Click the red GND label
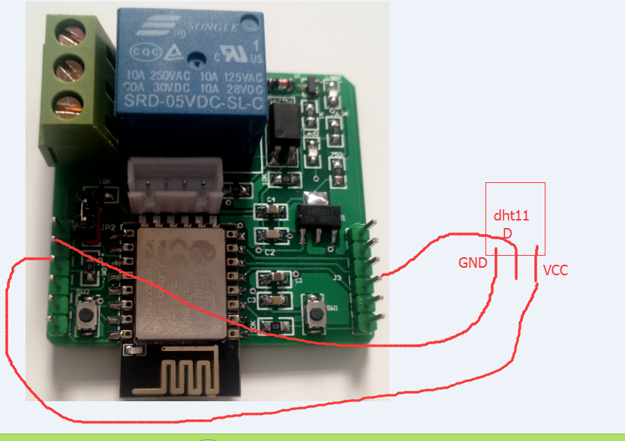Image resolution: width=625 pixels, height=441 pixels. coord(473,263)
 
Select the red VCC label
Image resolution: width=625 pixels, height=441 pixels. coord(555,270)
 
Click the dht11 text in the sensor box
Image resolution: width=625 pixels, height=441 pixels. coord(511,216)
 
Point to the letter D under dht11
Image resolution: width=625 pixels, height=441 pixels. coord(507,234)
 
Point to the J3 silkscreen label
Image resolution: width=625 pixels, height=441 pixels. coord(338,278)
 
